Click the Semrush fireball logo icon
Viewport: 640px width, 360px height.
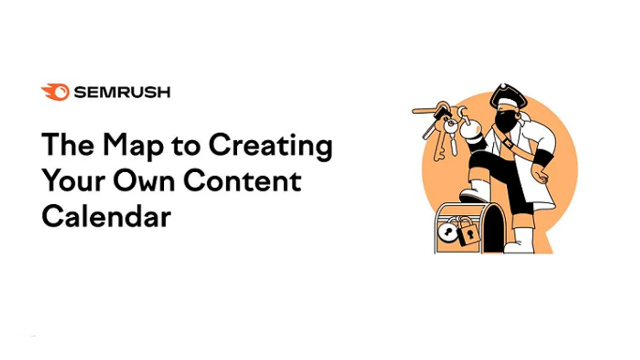coord(55,92)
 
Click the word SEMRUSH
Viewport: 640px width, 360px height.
coord(122,92)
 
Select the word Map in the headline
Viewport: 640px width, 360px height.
coord(133,146)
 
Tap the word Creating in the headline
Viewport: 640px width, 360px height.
coord(270,146)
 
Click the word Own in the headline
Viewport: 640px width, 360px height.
coord(144,181)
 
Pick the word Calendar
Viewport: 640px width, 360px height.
coord(106,217)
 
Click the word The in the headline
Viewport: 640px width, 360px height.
coord(68,145)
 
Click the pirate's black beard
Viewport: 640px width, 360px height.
coord(505,122)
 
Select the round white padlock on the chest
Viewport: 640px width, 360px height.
coord(446,231)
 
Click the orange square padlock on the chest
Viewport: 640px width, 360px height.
coord(468,234)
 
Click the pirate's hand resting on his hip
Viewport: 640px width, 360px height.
coord(541,175)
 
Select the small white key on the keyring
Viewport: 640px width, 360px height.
coord(453,137)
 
